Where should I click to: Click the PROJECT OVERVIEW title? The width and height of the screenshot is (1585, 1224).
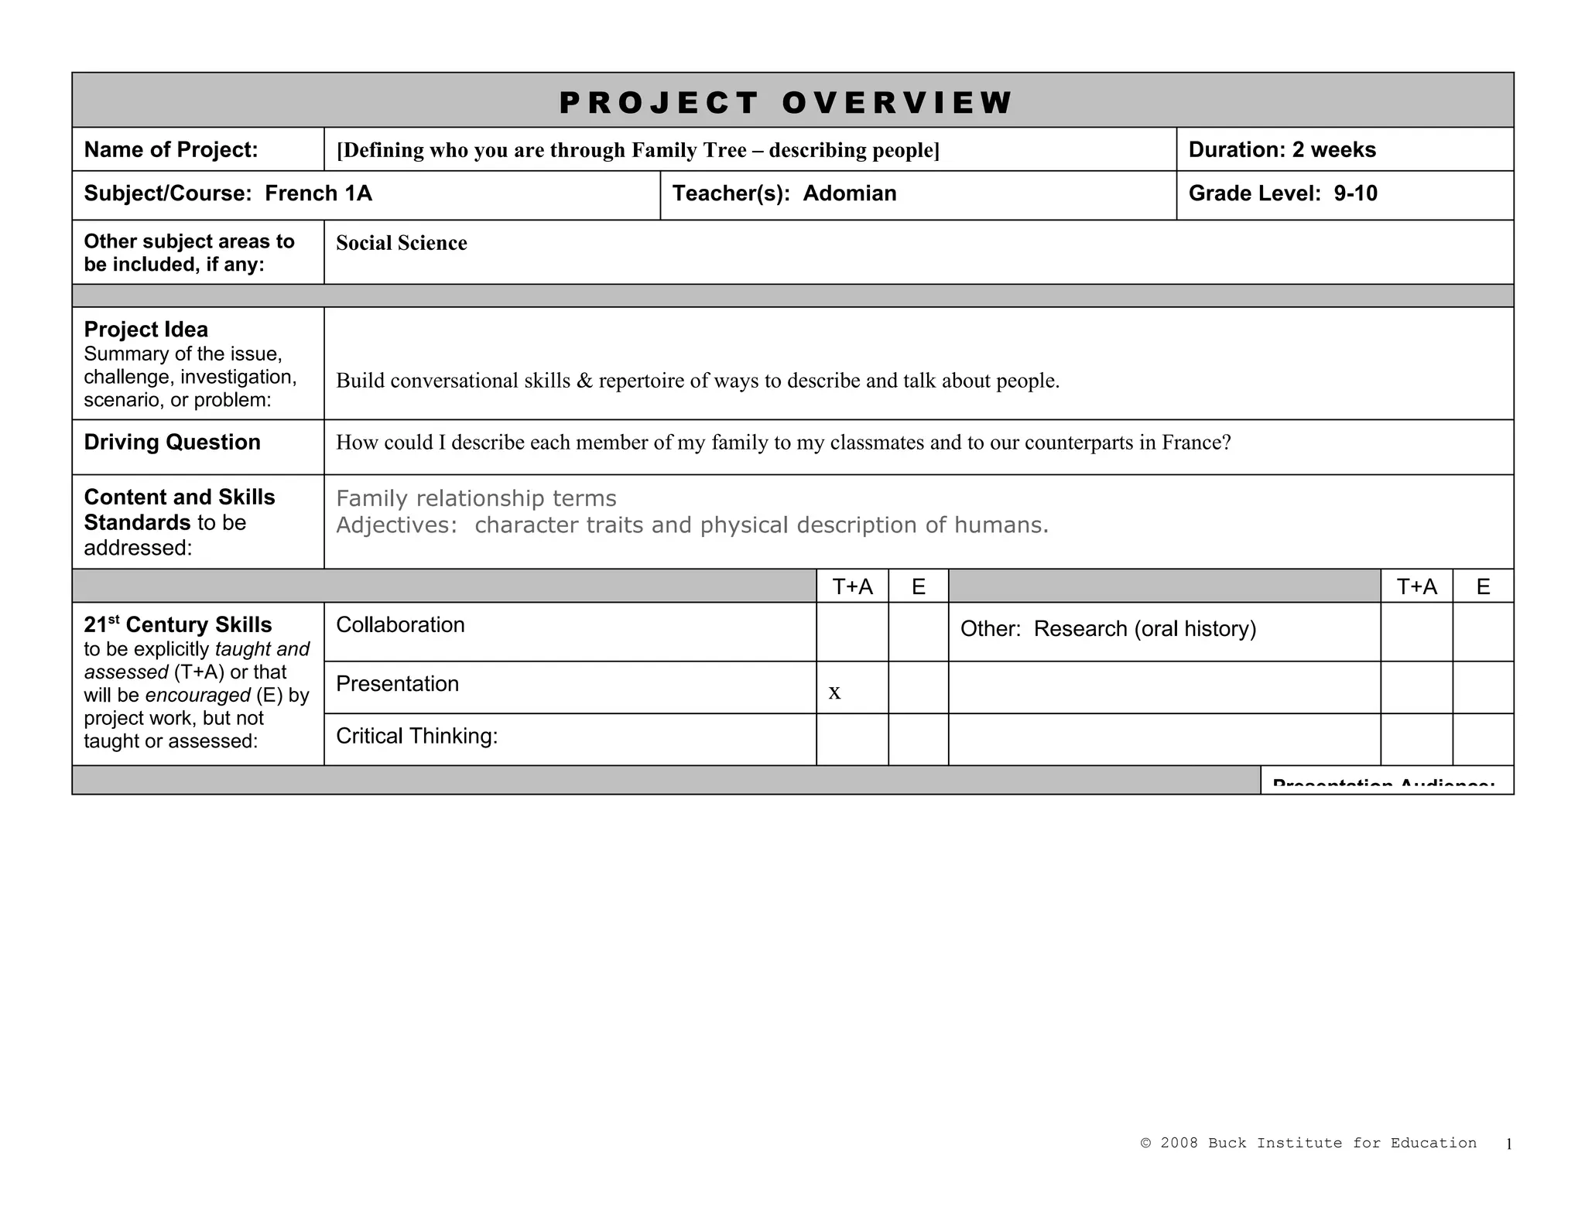point(786,102)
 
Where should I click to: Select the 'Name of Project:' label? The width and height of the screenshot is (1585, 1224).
point(171,149)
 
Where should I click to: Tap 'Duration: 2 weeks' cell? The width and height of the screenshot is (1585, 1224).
point(1282,149)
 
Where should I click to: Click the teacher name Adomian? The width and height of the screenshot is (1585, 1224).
point(849,193)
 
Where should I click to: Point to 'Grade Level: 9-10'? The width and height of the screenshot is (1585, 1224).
point(1282,193)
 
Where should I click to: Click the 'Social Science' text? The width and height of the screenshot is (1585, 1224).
point(401,243)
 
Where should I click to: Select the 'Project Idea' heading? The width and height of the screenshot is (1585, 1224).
point(145,330)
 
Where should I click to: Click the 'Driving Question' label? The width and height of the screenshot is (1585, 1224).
point(172,442)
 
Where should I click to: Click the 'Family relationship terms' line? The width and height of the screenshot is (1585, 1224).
point(476,498)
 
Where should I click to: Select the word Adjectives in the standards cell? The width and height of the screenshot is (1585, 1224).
point(395,525)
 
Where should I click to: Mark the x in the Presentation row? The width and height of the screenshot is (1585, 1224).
point(834,692)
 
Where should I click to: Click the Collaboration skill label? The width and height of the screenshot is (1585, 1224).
point(400,624)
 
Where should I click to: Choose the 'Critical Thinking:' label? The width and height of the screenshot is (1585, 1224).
point(416,736)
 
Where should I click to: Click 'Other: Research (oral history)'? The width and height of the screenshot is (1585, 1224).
point(1107,629)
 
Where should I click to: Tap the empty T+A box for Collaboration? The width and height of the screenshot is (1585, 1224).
point(852,631)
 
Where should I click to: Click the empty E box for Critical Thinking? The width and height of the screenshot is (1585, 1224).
point(918,739)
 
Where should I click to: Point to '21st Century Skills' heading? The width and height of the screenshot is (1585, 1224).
point(177,624)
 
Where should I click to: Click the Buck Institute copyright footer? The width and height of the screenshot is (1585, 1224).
point(1308,1143)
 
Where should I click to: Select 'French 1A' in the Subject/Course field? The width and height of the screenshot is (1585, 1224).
point(318,193)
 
